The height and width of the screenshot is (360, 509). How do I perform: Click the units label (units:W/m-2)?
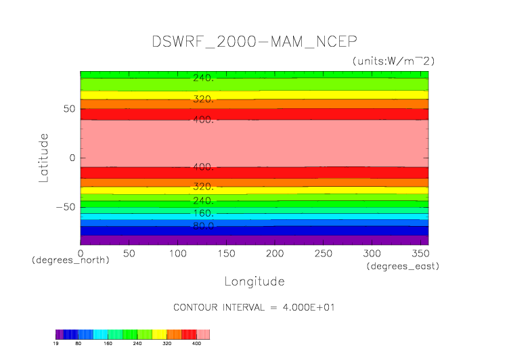point(393,61)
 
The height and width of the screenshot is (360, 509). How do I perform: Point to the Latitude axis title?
point(44,158)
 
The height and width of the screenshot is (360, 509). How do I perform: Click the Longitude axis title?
point(255,281)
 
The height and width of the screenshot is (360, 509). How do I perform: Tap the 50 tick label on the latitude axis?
point(68,109)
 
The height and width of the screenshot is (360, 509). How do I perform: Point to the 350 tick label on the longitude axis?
point(419,253)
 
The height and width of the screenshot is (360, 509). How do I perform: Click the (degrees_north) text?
point(70,260)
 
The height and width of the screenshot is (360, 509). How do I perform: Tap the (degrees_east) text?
point(403,267)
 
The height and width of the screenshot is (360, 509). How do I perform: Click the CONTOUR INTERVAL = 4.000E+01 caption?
point(255,307)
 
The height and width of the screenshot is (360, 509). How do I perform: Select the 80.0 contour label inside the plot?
point(203,226)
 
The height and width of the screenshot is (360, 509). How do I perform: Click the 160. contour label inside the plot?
point(203,213)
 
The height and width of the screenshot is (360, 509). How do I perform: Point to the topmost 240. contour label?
point(203,78)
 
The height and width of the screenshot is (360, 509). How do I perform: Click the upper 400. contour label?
point(203,120)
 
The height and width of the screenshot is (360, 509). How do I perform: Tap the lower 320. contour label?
point(203,186)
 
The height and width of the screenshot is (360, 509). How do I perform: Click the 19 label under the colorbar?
point(56,344)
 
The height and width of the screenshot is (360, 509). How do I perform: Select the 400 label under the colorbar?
point(197,344)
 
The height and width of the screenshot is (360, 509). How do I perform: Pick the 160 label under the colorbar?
point(108,344)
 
